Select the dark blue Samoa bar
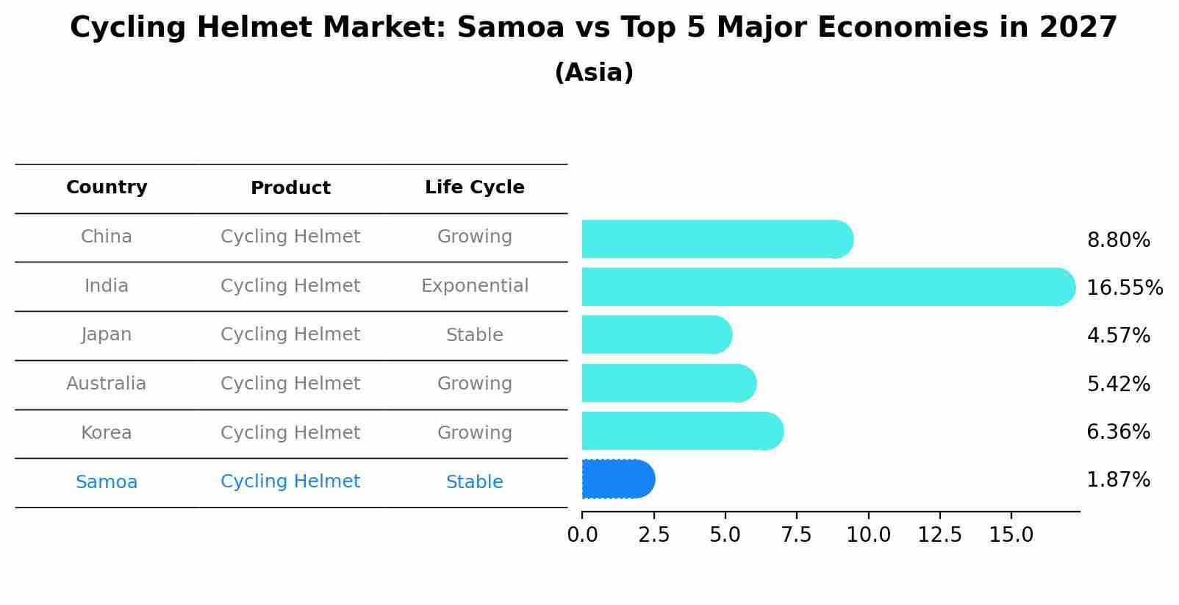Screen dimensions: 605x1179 point(617,479)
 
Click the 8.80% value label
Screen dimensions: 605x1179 point(1118,240)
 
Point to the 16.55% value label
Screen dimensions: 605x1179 point(1124,287)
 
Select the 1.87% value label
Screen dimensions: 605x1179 point(1118,480)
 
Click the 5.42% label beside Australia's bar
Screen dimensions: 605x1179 point(1118,384)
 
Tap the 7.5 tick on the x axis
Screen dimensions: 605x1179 point(797,535)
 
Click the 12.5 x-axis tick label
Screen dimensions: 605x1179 point(939,535)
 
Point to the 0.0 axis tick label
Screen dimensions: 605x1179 point(582,535)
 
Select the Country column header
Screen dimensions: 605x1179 point(107,187)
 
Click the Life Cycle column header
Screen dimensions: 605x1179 point(474,187)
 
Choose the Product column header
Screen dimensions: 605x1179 point(290,188)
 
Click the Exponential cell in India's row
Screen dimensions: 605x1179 point(474,286)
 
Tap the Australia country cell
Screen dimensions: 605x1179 point(107,384)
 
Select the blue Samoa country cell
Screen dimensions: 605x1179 point(107,482)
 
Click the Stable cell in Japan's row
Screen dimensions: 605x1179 point(474,335)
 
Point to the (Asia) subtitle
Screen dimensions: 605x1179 point(594,73)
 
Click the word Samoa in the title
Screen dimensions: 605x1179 point(510,28)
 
